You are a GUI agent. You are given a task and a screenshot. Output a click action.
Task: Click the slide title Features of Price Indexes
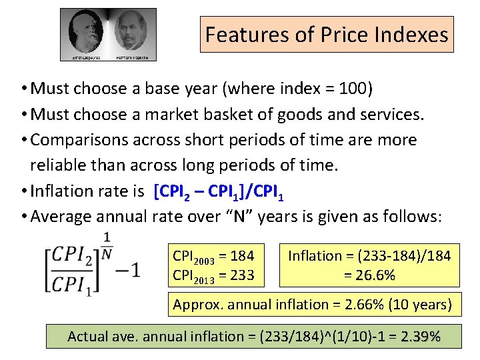pyautogui.click(x=327, y=34)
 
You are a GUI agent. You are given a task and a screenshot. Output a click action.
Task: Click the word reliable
pyautogui.click(x=61, y=165)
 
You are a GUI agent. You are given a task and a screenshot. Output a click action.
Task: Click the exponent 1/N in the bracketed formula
pyautogui.click(x=107, y=243)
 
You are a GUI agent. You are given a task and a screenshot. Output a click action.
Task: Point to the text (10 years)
pyautogui.click(x=423, y=305)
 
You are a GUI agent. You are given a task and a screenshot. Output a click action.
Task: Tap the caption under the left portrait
pyautogui.click(x=83, y=59)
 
